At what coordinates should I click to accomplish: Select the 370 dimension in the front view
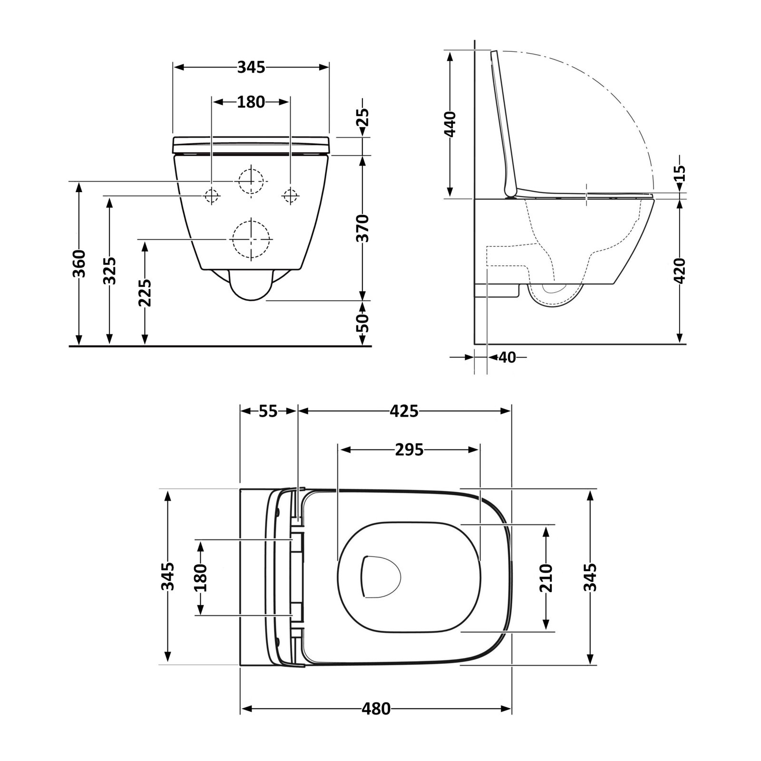(x=362, y=228)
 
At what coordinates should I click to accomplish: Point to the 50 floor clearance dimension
(x=362, y=323)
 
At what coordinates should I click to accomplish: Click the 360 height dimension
(x=79, y=263)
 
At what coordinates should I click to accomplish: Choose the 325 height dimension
(x=110, y=271)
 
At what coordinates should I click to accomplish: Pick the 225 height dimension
(x=145, y=293)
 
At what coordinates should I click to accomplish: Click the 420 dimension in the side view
(x=680, y=271)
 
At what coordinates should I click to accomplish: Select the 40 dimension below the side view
(x=507, y=357)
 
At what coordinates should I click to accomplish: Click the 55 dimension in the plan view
(x=268, y=411)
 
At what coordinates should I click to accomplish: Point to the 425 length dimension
(x=404, y=411)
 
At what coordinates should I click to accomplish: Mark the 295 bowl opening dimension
(x=410, y=449)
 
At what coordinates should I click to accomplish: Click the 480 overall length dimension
(x=376, y=722)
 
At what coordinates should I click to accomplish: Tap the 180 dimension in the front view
(x=251, y=102)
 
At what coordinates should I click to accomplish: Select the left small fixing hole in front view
(x=211, y=195)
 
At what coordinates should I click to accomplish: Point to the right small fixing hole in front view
(x=290, y=195)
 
